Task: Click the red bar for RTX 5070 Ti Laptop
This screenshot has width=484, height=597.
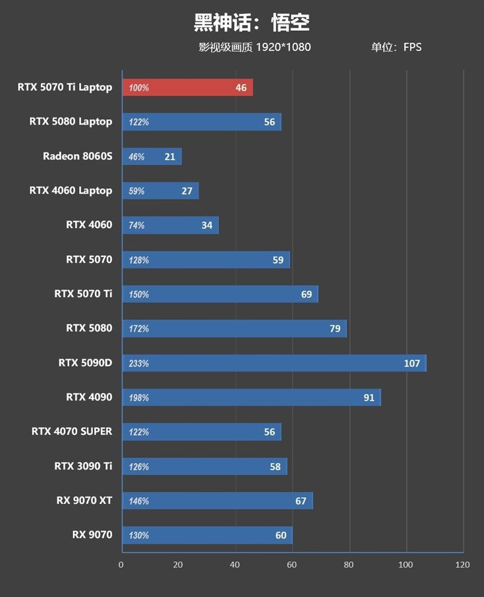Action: point(188,88)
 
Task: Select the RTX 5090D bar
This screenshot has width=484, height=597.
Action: point(274,364)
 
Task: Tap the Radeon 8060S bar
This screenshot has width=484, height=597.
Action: point(152,157)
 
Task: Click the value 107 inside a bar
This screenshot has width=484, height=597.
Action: point(412,364)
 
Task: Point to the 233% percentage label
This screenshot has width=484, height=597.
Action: point(139,364)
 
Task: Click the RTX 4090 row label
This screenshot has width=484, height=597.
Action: point(89,397)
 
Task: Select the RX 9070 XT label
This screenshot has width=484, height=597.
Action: point(84,501)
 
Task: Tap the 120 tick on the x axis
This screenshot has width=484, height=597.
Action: point(462,565)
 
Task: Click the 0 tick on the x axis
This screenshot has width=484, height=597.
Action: point(121,565)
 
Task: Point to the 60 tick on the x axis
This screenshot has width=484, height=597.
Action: point(292,565)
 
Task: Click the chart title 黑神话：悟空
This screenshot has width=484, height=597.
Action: point(251,22)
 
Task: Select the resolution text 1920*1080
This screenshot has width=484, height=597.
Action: point(283,47)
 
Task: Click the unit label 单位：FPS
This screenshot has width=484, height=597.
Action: point(396,47)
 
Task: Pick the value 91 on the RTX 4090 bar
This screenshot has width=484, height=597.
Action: point(368,397)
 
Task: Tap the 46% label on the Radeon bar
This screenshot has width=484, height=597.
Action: point(137,157)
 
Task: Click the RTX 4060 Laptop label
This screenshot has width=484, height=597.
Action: point(71,191)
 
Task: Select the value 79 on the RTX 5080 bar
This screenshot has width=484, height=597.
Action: point(335,329)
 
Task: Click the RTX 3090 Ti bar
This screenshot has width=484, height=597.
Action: point(204,466)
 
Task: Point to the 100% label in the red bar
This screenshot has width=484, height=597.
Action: point(139,88)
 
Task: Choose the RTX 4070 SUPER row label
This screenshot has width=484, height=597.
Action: point(72,431)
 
